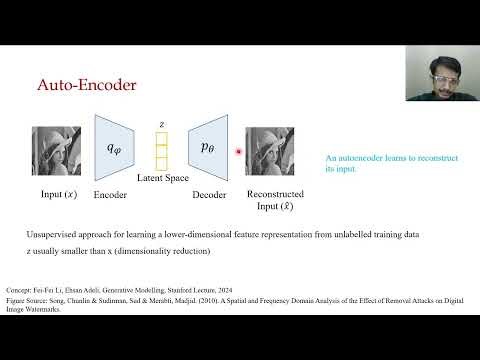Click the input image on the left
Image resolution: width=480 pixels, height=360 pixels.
58,150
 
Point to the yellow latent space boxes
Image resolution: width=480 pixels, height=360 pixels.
161,152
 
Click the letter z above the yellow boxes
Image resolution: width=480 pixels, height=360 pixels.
161,124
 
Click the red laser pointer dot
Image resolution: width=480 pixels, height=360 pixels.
239,152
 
